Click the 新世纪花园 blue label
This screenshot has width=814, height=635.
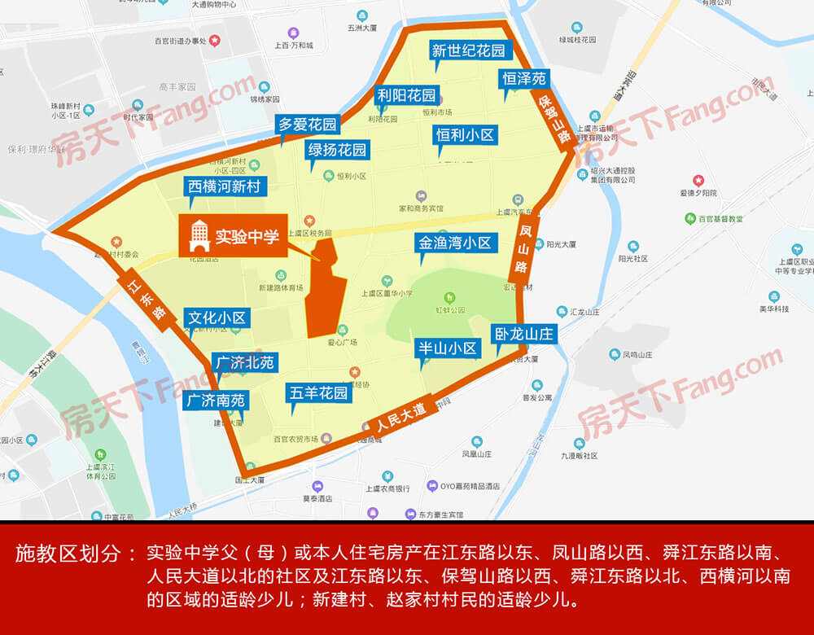[x=468, y=50]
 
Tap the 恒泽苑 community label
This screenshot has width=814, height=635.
[x=524, y=79]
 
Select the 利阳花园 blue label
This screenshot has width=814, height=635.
[x=407, y=95]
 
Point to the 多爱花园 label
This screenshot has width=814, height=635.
[x=307, y=125]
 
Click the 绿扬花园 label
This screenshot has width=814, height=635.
[x=337, y=150]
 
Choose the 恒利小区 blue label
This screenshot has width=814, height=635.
[x=466, y=135]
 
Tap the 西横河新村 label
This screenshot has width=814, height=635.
[x=224, y=186]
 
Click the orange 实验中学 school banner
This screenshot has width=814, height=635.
[x=233, y=237]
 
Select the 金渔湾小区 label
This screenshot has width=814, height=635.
[x=455, y=243]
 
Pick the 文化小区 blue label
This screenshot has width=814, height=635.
[x=217, y=317]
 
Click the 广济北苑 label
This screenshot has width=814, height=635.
[x=243, y=362]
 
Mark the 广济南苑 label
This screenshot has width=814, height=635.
[x=216, y=400]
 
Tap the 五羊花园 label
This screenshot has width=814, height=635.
[x=318, y=393]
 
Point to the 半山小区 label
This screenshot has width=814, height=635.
[x=447, y=348]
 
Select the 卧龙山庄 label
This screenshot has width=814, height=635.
[x=523, y=333]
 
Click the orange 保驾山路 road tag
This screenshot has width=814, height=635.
[x=553, y=119]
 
